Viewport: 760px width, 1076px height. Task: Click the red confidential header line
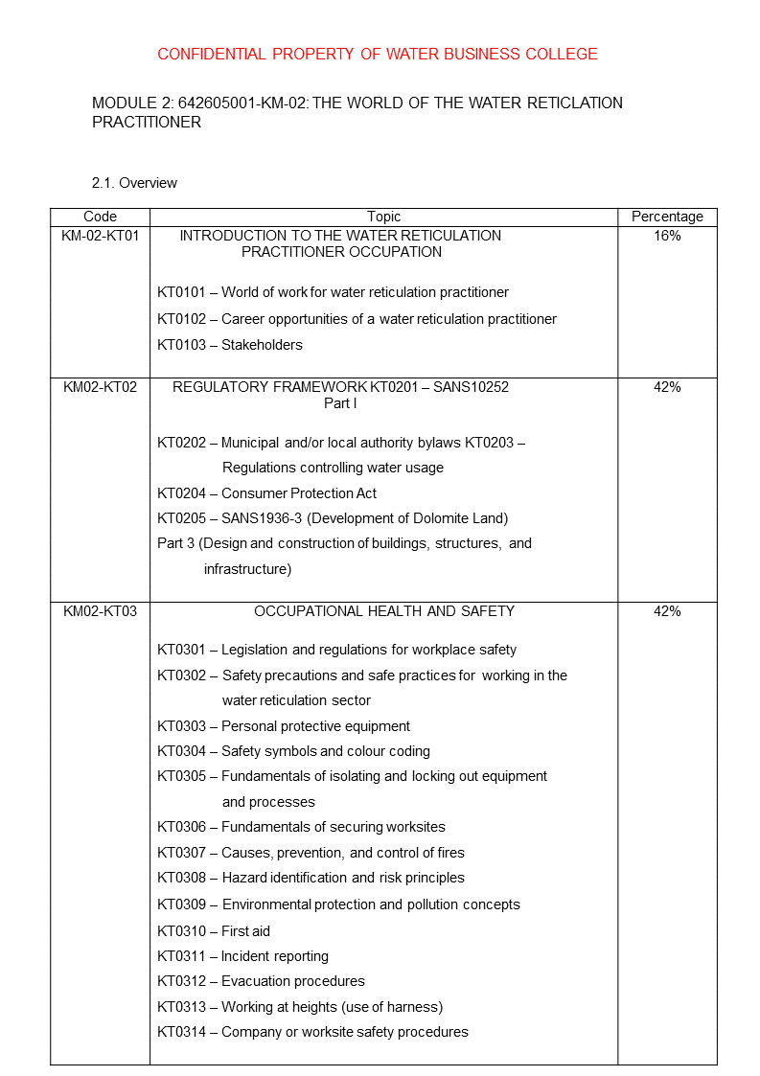coord(377,54)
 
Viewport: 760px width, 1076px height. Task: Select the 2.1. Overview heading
coord(134,183)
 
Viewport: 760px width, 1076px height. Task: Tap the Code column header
coord(100,217)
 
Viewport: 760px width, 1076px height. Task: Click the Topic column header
coord(383,217)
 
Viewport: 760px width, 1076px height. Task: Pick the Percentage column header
coord(667,217)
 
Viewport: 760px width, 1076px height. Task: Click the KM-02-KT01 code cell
coord(100,236)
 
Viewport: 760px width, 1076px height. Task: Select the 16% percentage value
coord(667,236)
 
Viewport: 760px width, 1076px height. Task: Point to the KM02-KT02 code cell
coord(100,387)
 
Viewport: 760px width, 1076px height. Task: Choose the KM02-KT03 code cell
coord(100,611)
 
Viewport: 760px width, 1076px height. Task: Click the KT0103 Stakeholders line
coord(230,345)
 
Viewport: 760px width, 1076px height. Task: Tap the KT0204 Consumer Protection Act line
coord(266,493)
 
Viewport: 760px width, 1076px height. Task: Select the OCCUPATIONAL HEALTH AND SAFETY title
coord(383,611)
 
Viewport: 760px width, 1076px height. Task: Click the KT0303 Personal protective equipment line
coord(284,726)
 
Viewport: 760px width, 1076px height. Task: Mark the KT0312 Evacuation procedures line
coord(261,981)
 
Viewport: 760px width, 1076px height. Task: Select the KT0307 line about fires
coord(311,853)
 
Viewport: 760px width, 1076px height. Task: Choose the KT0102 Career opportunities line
coord(357,319)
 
